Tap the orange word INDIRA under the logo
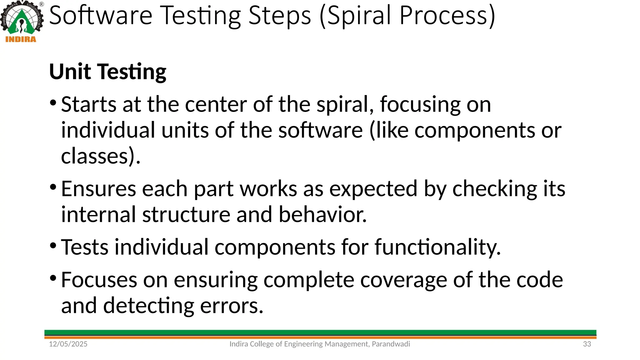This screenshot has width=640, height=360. point(21,39)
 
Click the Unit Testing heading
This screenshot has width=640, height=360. point(107,72)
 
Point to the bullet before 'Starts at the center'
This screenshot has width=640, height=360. point(53,103)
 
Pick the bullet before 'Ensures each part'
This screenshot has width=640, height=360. point(53,187)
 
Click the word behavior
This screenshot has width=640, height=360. point(322,215)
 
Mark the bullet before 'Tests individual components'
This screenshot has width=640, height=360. point(53,246)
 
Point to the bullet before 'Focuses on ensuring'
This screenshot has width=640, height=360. point(53,278)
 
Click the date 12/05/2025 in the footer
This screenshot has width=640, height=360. point(68,344)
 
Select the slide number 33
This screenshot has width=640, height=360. point(587,344)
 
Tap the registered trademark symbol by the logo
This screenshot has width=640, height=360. point(42,4)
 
